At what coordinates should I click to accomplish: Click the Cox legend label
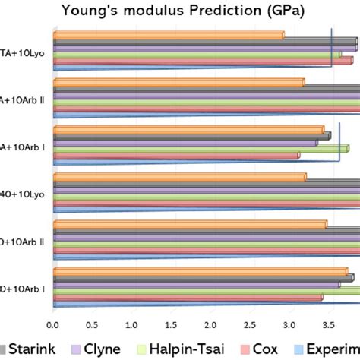[x=288, y=349]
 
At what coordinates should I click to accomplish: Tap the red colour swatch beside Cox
[x=266, y=349]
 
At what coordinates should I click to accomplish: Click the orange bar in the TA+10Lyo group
[x=167, y=35]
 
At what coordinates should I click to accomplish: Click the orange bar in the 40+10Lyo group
[x=178, y=177]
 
